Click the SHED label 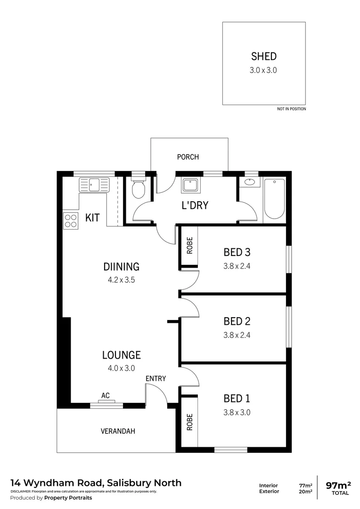click(263, 57)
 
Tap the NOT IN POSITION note click(291, 109)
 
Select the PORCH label click(188, 157)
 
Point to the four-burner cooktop click(70, 221)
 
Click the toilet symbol click(138, 189)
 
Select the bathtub click(274, 198)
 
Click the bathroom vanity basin click(250, 182)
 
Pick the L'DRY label click(195, 205)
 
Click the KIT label click(92, 218)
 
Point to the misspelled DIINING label click(121, 267)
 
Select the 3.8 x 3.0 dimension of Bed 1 click(237, 412)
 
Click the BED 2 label click(237, 321)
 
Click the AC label click(106, 396)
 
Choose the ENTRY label click(155, 378)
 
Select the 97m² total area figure click(339, 484)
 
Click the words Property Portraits click(68, 498)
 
